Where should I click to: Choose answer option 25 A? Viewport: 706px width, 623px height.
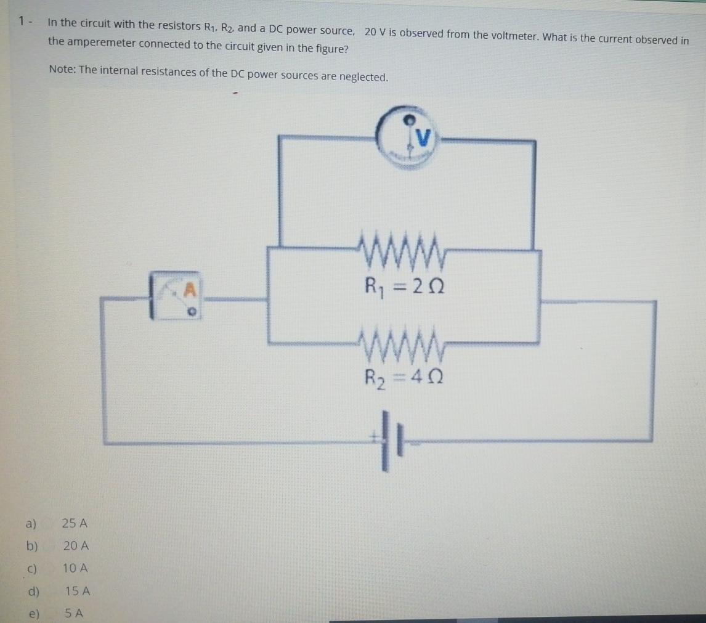click(x=75, y=524)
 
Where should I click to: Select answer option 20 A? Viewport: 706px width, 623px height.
click(x=76, y=546)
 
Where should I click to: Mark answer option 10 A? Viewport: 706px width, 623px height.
click(x=76, y=568)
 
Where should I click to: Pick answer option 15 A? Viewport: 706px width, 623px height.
click(x=78, y=591)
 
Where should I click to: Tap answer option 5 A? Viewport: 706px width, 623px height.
click(x=74, y=613)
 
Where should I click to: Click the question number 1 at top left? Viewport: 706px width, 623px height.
click(x=22, y=22)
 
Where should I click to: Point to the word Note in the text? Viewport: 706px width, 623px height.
click(x=61, y=70)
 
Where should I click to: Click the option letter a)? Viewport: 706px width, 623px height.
click(x=31, y=524)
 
